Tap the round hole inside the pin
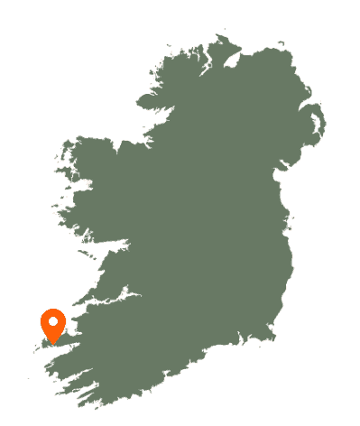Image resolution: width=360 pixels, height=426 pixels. [x=53, y=320]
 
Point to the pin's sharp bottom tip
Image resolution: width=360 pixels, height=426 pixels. [x=53, y=344]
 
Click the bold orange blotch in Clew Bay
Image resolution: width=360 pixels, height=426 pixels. [x=88, y=184]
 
